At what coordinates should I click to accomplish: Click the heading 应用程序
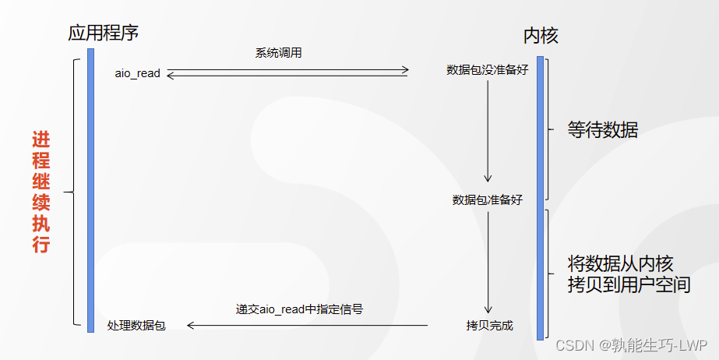pos(104,33)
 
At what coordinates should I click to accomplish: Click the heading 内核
pos(540,36)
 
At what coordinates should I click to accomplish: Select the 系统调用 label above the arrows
pos(278,53)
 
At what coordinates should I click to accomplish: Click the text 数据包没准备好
pos(488,70)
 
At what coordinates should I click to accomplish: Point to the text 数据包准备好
pos(488,199)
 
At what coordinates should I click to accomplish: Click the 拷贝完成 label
pos(489,325)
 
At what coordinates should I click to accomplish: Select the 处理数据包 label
pos(136,325)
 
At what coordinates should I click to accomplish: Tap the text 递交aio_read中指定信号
pos(299,309)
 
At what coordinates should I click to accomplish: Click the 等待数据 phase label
pos(602,130)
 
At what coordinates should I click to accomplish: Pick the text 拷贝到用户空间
pos(629,284)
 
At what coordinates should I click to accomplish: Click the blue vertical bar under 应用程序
pos(90,190)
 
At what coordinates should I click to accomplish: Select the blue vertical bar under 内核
pos(540,198)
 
